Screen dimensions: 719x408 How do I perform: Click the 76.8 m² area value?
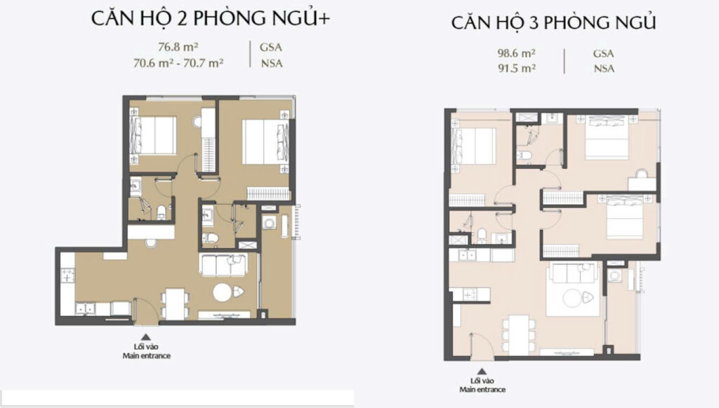178,47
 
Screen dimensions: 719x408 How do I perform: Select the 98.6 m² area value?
517,53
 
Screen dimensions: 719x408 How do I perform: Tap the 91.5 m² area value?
517,68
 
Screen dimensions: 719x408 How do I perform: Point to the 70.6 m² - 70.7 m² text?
178,63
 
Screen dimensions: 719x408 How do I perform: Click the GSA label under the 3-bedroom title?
603,53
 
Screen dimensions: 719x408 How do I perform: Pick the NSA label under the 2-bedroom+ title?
272,64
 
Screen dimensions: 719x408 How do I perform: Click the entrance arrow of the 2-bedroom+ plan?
146,336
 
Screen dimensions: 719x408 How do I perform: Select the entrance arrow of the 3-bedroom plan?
482,372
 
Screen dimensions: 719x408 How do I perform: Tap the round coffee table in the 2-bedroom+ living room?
223,292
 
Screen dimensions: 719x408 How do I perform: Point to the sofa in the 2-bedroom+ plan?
223,265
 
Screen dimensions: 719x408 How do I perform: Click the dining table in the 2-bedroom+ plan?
174,304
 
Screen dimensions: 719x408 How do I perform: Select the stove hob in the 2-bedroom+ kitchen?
68,276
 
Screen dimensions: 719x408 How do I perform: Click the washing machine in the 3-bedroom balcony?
614,276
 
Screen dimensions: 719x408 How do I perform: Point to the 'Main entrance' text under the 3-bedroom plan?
482,390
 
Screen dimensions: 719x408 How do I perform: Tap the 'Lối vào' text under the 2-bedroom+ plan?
146,346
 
